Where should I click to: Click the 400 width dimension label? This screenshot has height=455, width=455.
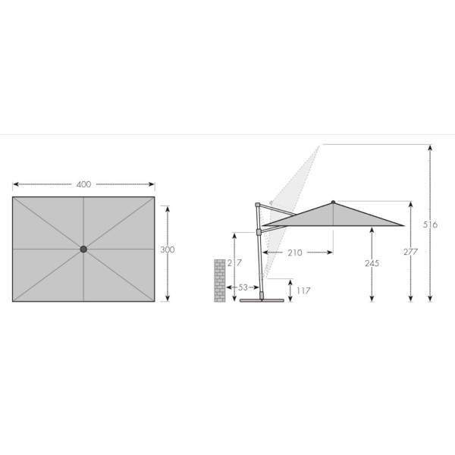click(x=83, y=184)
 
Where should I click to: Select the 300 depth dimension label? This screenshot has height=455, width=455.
click(x=168, y=249)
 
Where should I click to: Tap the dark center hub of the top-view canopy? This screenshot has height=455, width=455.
click(x=83, y=249)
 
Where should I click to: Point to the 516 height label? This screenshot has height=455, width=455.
click(x=430, y=224)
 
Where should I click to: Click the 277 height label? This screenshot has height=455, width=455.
click(x=410, y=252)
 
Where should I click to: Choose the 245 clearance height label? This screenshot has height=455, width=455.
click(x=372, y=263)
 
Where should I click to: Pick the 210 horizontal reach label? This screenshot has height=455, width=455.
click(x=295, y=253)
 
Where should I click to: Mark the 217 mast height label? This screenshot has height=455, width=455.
click(x=234, y=262)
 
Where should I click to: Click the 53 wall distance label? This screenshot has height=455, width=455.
click(x=243, y=287)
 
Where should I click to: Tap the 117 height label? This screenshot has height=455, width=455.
click(x=303, y=290)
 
